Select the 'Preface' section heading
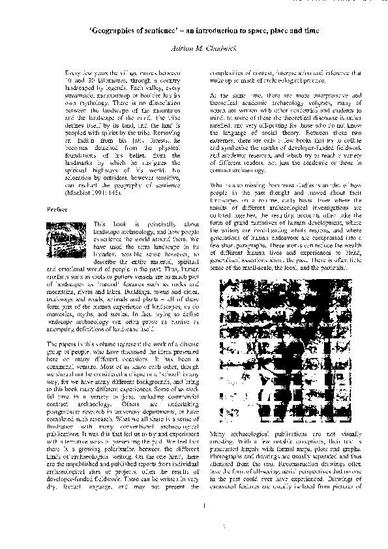56,209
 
